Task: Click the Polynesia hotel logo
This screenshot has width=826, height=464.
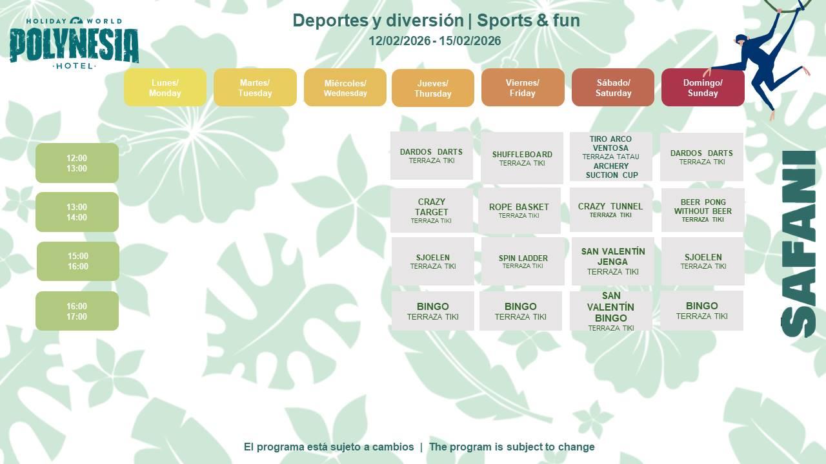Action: coord(74,43)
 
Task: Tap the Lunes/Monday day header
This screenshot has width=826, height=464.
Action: coord(165,88)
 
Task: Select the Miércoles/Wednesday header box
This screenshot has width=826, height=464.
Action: coord(345,88)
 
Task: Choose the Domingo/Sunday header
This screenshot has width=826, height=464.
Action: coord(703,88)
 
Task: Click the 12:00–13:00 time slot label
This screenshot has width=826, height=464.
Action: coord(77,163)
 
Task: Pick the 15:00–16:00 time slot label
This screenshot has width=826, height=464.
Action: coord(78,261)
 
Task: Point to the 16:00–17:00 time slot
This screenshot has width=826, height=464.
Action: coord(77,311)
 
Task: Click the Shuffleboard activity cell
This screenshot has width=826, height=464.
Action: coord(522,158)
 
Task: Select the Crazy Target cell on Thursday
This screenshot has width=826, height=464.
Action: coord(432,211)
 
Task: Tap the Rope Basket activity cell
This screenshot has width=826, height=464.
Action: coord(519,211)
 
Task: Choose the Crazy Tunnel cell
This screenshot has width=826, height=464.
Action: coord(610,210)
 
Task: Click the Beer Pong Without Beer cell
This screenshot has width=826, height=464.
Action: coord(703,210)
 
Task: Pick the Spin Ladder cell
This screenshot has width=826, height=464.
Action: coord(523,261)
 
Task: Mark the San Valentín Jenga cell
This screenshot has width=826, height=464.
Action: coord(613,261)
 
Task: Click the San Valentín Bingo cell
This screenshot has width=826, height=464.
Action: coord(610,311)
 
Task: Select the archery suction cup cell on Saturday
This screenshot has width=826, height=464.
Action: coord(610,157)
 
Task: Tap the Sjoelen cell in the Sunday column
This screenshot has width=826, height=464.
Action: coord(703,261)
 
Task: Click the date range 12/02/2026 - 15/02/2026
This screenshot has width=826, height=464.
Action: coord(435,41)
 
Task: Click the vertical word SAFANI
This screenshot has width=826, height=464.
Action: coord(799,244)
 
